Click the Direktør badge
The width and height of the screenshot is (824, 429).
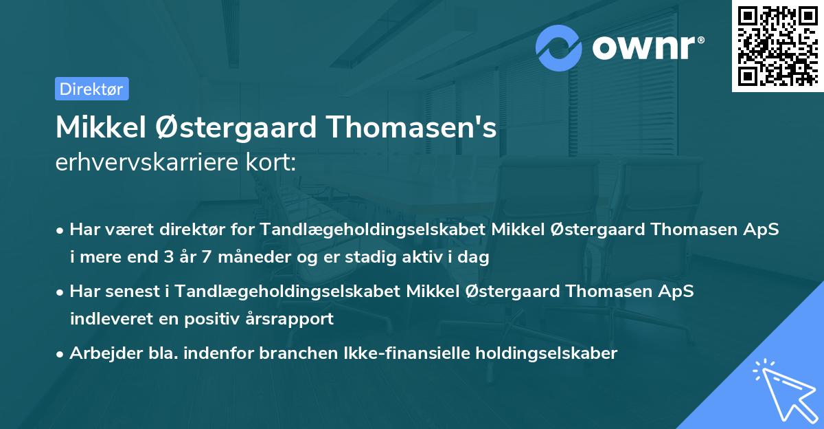pos(91,89)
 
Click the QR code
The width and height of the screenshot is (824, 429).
pos(777,46)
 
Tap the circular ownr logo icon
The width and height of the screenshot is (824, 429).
pos(560,47)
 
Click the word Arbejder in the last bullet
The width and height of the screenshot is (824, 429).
pos(102,353)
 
